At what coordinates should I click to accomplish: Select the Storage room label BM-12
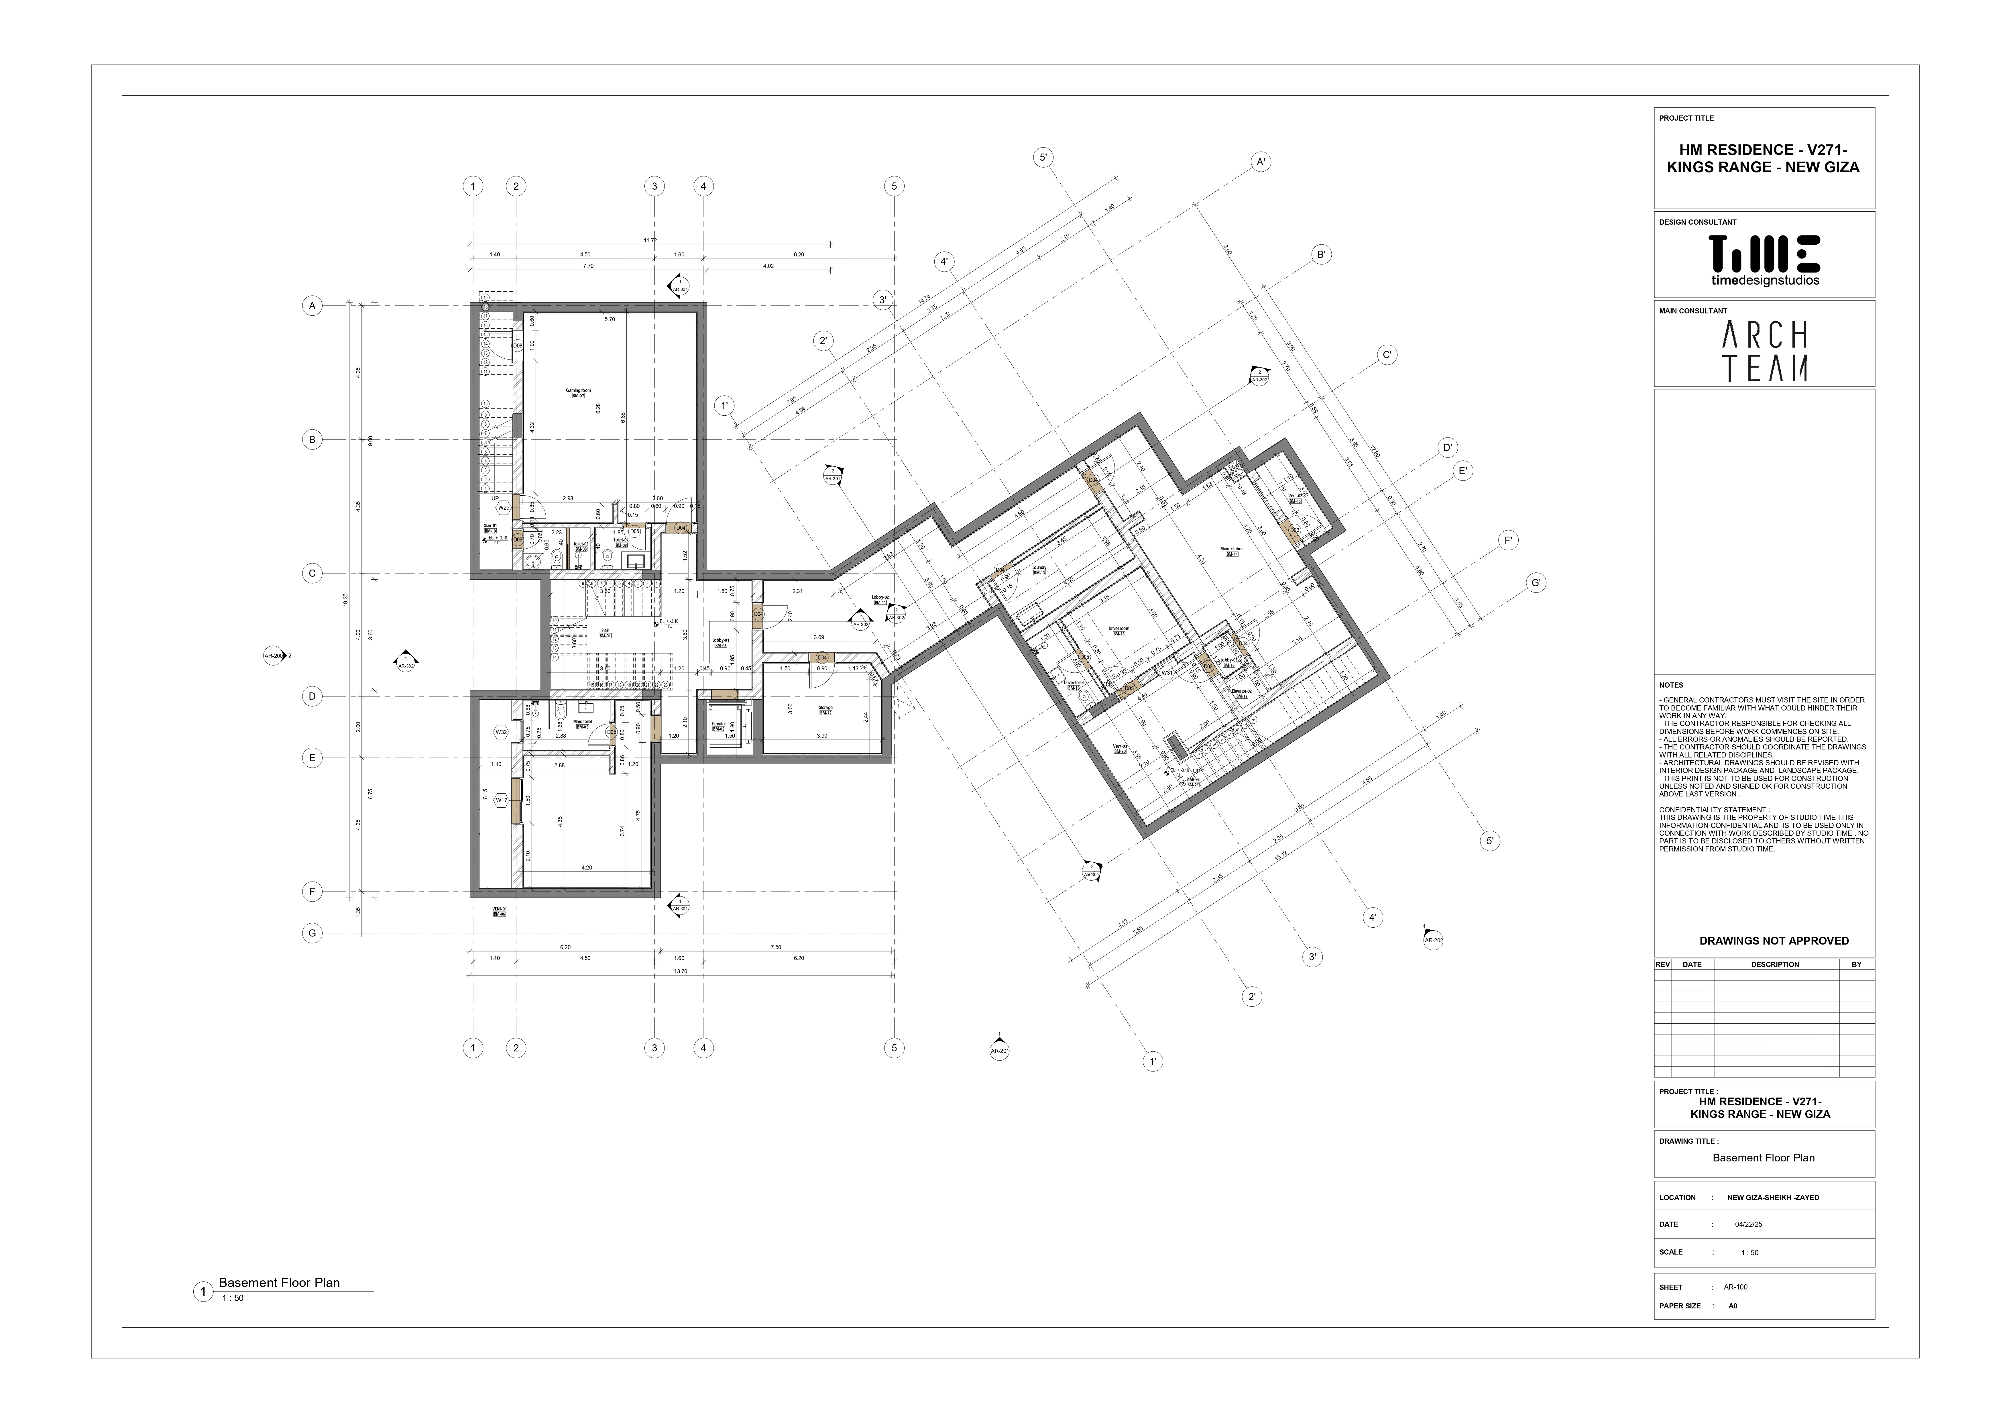pyautogui.click(x=825, y=710)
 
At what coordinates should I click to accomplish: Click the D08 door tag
pyautogui.click(x=518, y=346)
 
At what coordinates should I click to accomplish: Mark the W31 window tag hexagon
pyautogui.click(x=1167, y=673)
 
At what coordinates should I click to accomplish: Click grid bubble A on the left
pyautogui.click(x=312, y=306)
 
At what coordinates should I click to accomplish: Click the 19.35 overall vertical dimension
pyautogui.click(x=347, y=599)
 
